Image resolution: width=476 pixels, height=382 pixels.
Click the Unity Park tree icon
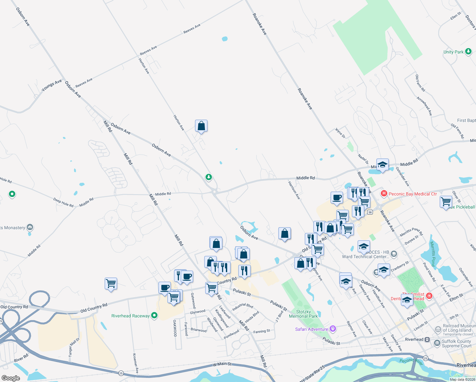tap(468, 51)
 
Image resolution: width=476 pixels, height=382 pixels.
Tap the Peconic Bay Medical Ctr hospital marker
tap(384, 194)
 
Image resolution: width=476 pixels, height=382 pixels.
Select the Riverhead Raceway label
tap(130, 316)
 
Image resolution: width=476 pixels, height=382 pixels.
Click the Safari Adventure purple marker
tap(333, 329)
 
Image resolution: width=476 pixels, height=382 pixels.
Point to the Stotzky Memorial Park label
tap(303, 314)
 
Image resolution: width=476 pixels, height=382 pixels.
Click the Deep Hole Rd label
tap(63, 202)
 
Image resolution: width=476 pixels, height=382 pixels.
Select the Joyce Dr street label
tap(340, 133)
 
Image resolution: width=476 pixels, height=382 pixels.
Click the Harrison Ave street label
tap(294, 190)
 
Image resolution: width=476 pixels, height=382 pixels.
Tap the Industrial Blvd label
tap(242, 307)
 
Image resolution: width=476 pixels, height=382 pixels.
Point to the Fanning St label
tap(262, 331)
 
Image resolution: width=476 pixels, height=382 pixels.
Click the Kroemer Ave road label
tap(135, 363)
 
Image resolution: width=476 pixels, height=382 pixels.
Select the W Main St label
tap(222, 364)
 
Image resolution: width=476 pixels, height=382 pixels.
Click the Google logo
tap(11, 378)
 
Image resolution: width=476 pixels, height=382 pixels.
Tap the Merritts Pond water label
tap(433, 254)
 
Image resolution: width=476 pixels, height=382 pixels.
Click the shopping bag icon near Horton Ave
tap(201, 126)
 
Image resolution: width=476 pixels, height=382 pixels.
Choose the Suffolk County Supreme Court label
tap(457, 343)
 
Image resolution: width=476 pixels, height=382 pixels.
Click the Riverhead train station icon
tap(427, 339)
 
